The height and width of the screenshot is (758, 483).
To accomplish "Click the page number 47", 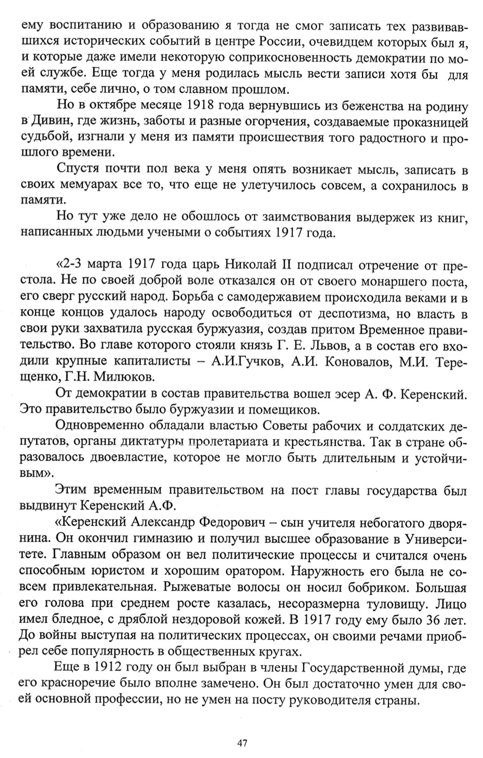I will tap(241, 743).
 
